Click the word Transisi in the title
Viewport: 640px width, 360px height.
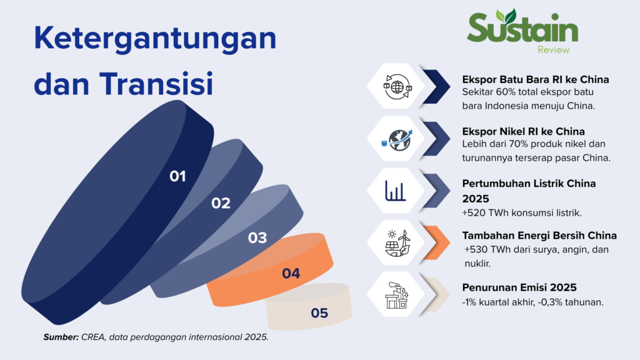coord(156,84)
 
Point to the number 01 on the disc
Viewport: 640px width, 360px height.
coord(177,176)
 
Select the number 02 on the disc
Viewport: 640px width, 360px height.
coord(221,203)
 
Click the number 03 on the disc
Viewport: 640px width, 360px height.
coord(257,238)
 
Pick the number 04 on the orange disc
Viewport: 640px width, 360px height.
coord(291,274)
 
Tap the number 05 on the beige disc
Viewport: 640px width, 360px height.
coord(319,313)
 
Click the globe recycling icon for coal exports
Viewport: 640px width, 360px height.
coord(397,86)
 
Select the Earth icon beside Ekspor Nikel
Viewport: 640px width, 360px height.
coord(397,139)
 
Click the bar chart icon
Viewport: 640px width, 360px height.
coord(395,191)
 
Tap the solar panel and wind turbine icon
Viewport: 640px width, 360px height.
coord(397,243)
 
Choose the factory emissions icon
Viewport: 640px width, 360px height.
coord(397,295)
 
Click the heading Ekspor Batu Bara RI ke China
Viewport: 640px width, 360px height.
coord(536,79)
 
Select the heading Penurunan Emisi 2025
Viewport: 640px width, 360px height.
coord(519,287)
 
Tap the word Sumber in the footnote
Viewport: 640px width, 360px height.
coord(61,337)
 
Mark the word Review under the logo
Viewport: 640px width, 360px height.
coord(554,50)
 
